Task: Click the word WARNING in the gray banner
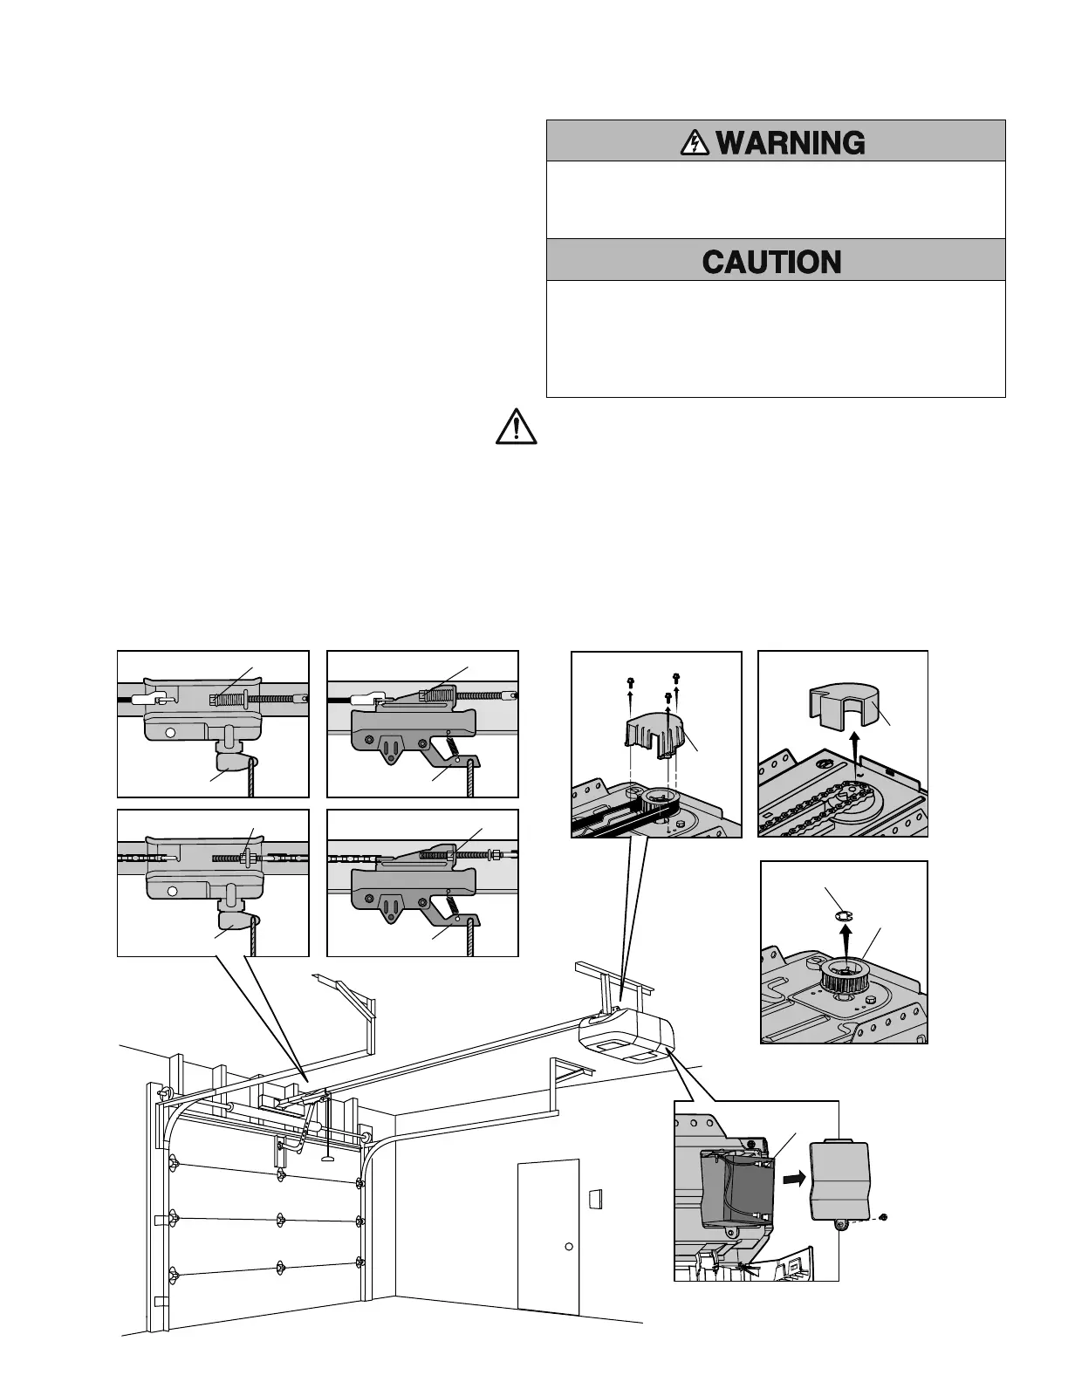(791, 142)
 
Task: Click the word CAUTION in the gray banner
(771, 262)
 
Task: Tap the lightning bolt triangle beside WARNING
(695, 142)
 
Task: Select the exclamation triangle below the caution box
(516, 427)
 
